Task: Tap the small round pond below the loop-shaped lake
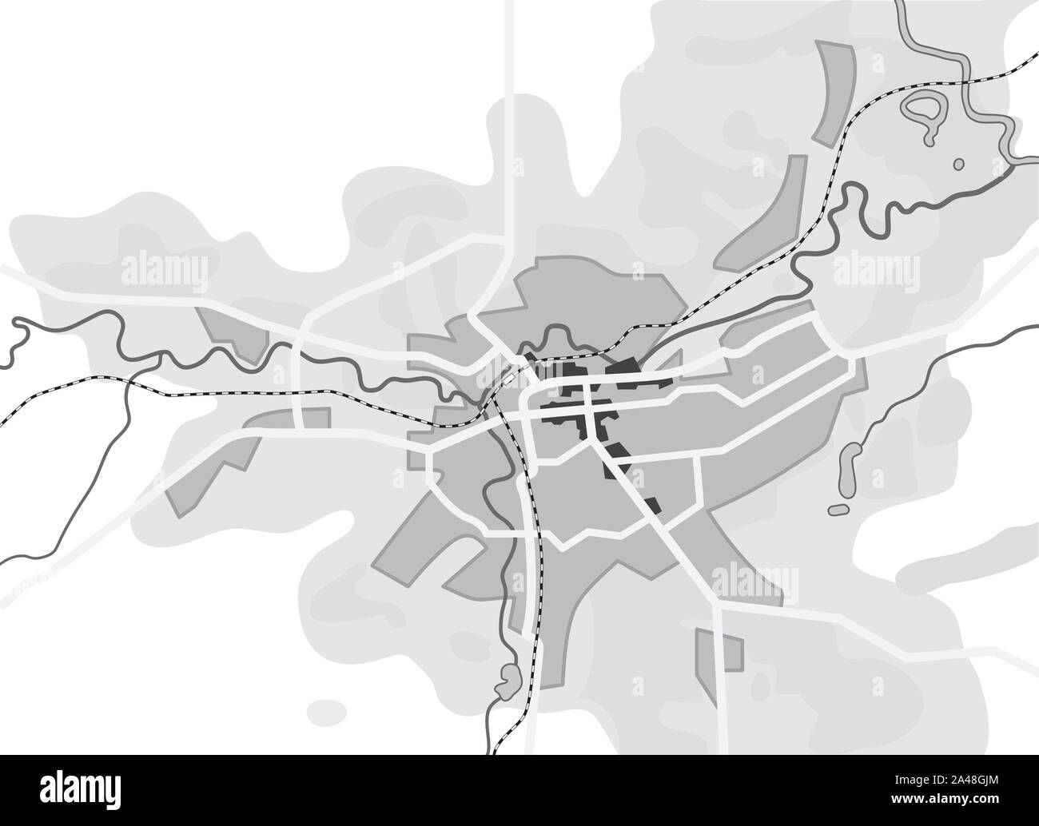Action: tap(959, 164)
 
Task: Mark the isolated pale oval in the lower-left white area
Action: tap(326, 709)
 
